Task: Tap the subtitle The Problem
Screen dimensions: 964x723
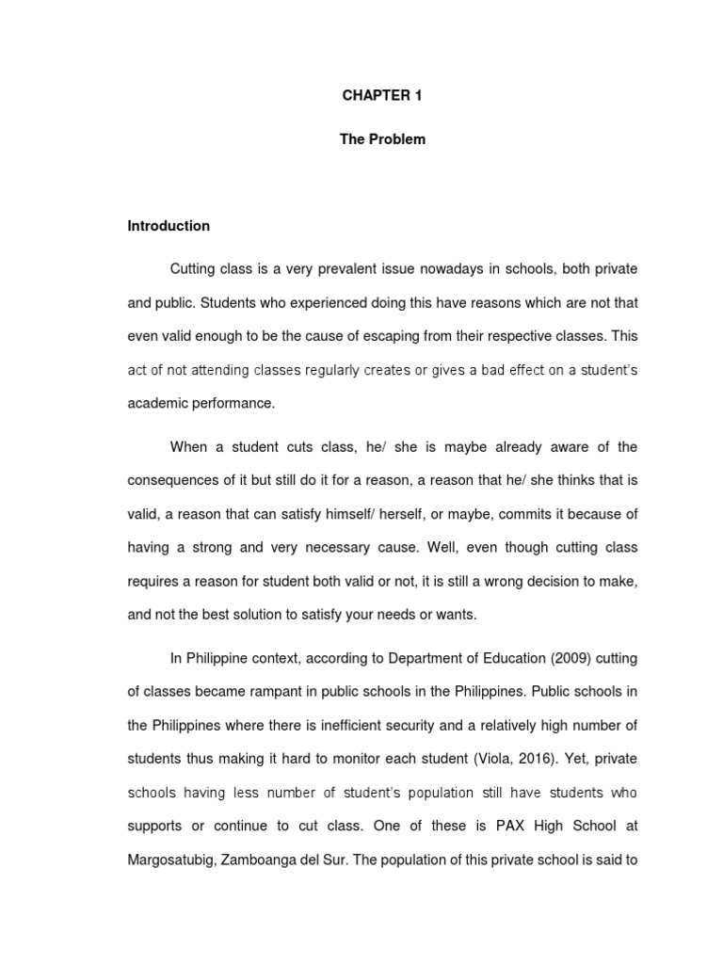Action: (382, 139)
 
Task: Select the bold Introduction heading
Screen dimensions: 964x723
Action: (169, 226)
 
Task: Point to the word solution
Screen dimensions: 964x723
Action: (273, 615)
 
